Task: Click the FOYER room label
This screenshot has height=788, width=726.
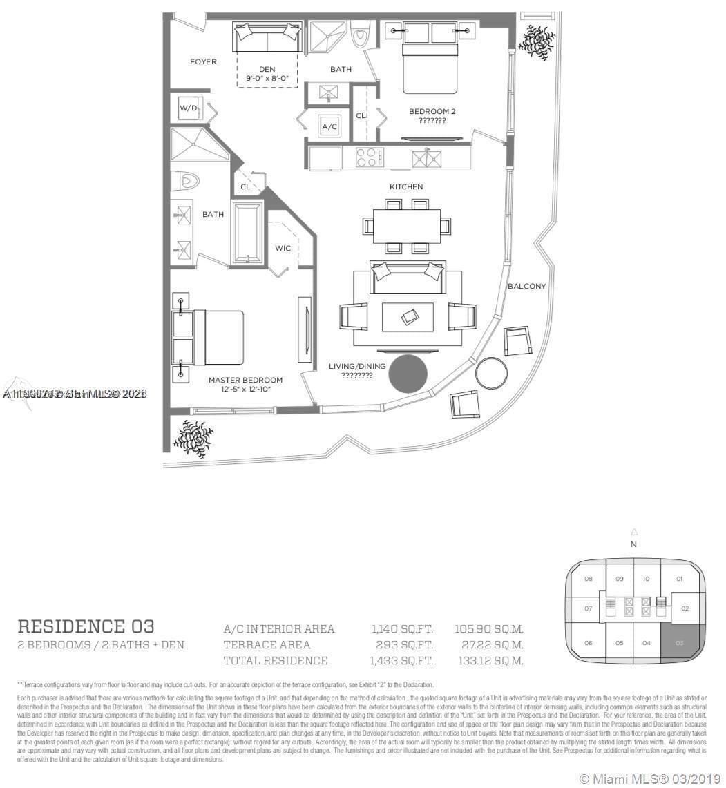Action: point(203,62)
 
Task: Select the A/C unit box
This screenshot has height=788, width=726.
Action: point(329,127)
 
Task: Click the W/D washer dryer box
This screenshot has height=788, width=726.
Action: point(188,108)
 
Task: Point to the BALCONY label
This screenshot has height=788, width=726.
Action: point(526,286)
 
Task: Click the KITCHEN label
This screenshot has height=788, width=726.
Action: point(406,187)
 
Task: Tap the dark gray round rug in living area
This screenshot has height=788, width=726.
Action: point(408,374)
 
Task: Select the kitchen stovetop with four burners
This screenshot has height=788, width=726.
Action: point(369,158)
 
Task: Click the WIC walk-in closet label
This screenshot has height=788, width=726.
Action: point(283,248)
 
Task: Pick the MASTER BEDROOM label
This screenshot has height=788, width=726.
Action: point(245,381)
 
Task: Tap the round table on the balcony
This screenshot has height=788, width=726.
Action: point(491,373)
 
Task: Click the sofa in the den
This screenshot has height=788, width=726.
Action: point(267,37)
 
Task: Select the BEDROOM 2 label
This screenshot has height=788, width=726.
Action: point(432,111)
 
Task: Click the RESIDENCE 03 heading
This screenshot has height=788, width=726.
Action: point(86,626)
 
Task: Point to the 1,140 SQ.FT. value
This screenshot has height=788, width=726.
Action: point(402,629)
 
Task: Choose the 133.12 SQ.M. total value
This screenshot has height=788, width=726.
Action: point(488,661)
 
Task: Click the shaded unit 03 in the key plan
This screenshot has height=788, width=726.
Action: point(679,642)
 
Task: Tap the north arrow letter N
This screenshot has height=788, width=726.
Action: point(633,544)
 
